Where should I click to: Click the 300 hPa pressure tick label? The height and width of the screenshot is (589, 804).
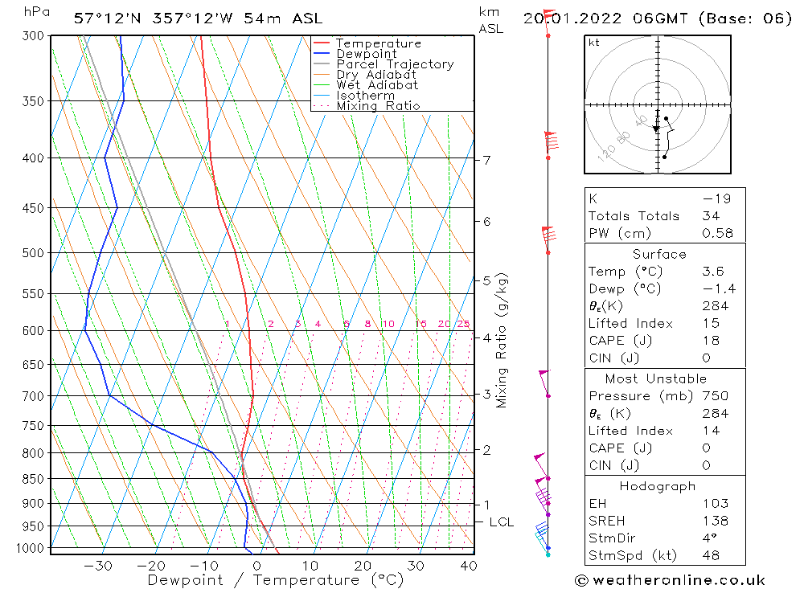point(34,36)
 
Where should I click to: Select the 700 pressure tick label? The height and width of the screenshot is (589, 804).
point(34,396)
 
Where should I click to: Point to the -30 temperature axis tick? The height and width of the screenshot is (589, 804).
point(98,566)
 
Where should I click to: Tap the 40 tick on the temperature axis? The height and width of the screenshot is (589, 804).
point(468,566)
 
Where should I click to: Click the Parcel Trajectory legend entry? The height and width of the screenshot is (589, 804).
point(395,64)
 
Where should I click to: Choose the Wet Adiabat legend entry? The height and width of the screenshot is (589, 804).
point(377,85)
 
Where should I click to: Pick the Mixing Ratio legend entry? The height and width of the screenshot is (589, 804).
point(378,106)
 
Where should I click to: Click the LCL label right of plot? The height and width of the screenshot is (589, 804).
point(502,522)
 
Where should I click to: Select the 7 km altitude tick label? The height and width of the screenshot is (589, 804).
point(487,160)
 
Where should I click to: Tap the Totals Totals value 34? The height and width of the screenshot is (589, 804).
point(711,216)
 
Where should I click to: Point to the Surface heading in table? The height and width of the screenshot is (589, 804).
point(659,255)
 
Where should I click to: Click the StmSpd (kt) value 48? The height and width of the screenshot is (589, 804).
point(711,555)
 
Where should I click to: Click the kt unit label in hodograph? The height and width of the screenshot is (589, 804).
point(594,43)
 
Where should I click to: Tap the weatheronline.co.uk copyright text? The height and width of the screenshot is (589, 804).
point(670,580)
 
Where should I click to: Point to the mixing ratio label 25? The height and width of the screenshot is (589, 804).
point(463,324)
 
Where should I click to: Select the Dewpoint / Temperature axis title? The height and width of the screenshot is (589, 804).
point(275,580)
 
